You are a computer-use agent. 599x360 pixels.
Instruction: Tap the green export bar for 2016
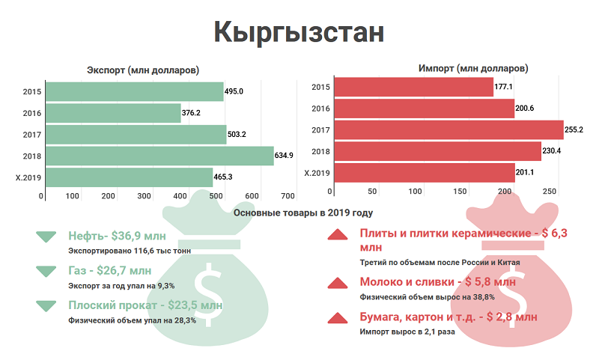point(112,113)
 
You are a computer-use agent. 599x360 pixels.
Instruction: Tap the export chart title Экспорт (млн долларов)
point(143,70)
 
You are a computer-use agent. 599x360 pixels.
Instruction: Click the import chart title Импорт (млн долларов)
point(473,68)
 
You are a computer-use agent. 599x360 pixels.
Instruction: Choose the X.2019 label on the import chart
point(317,173)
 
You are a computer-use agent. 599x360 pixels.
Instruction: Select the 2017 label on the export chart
point(31,135)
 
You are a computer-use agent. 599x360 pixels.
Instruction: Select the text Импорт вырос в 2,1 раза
point(407,332)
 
